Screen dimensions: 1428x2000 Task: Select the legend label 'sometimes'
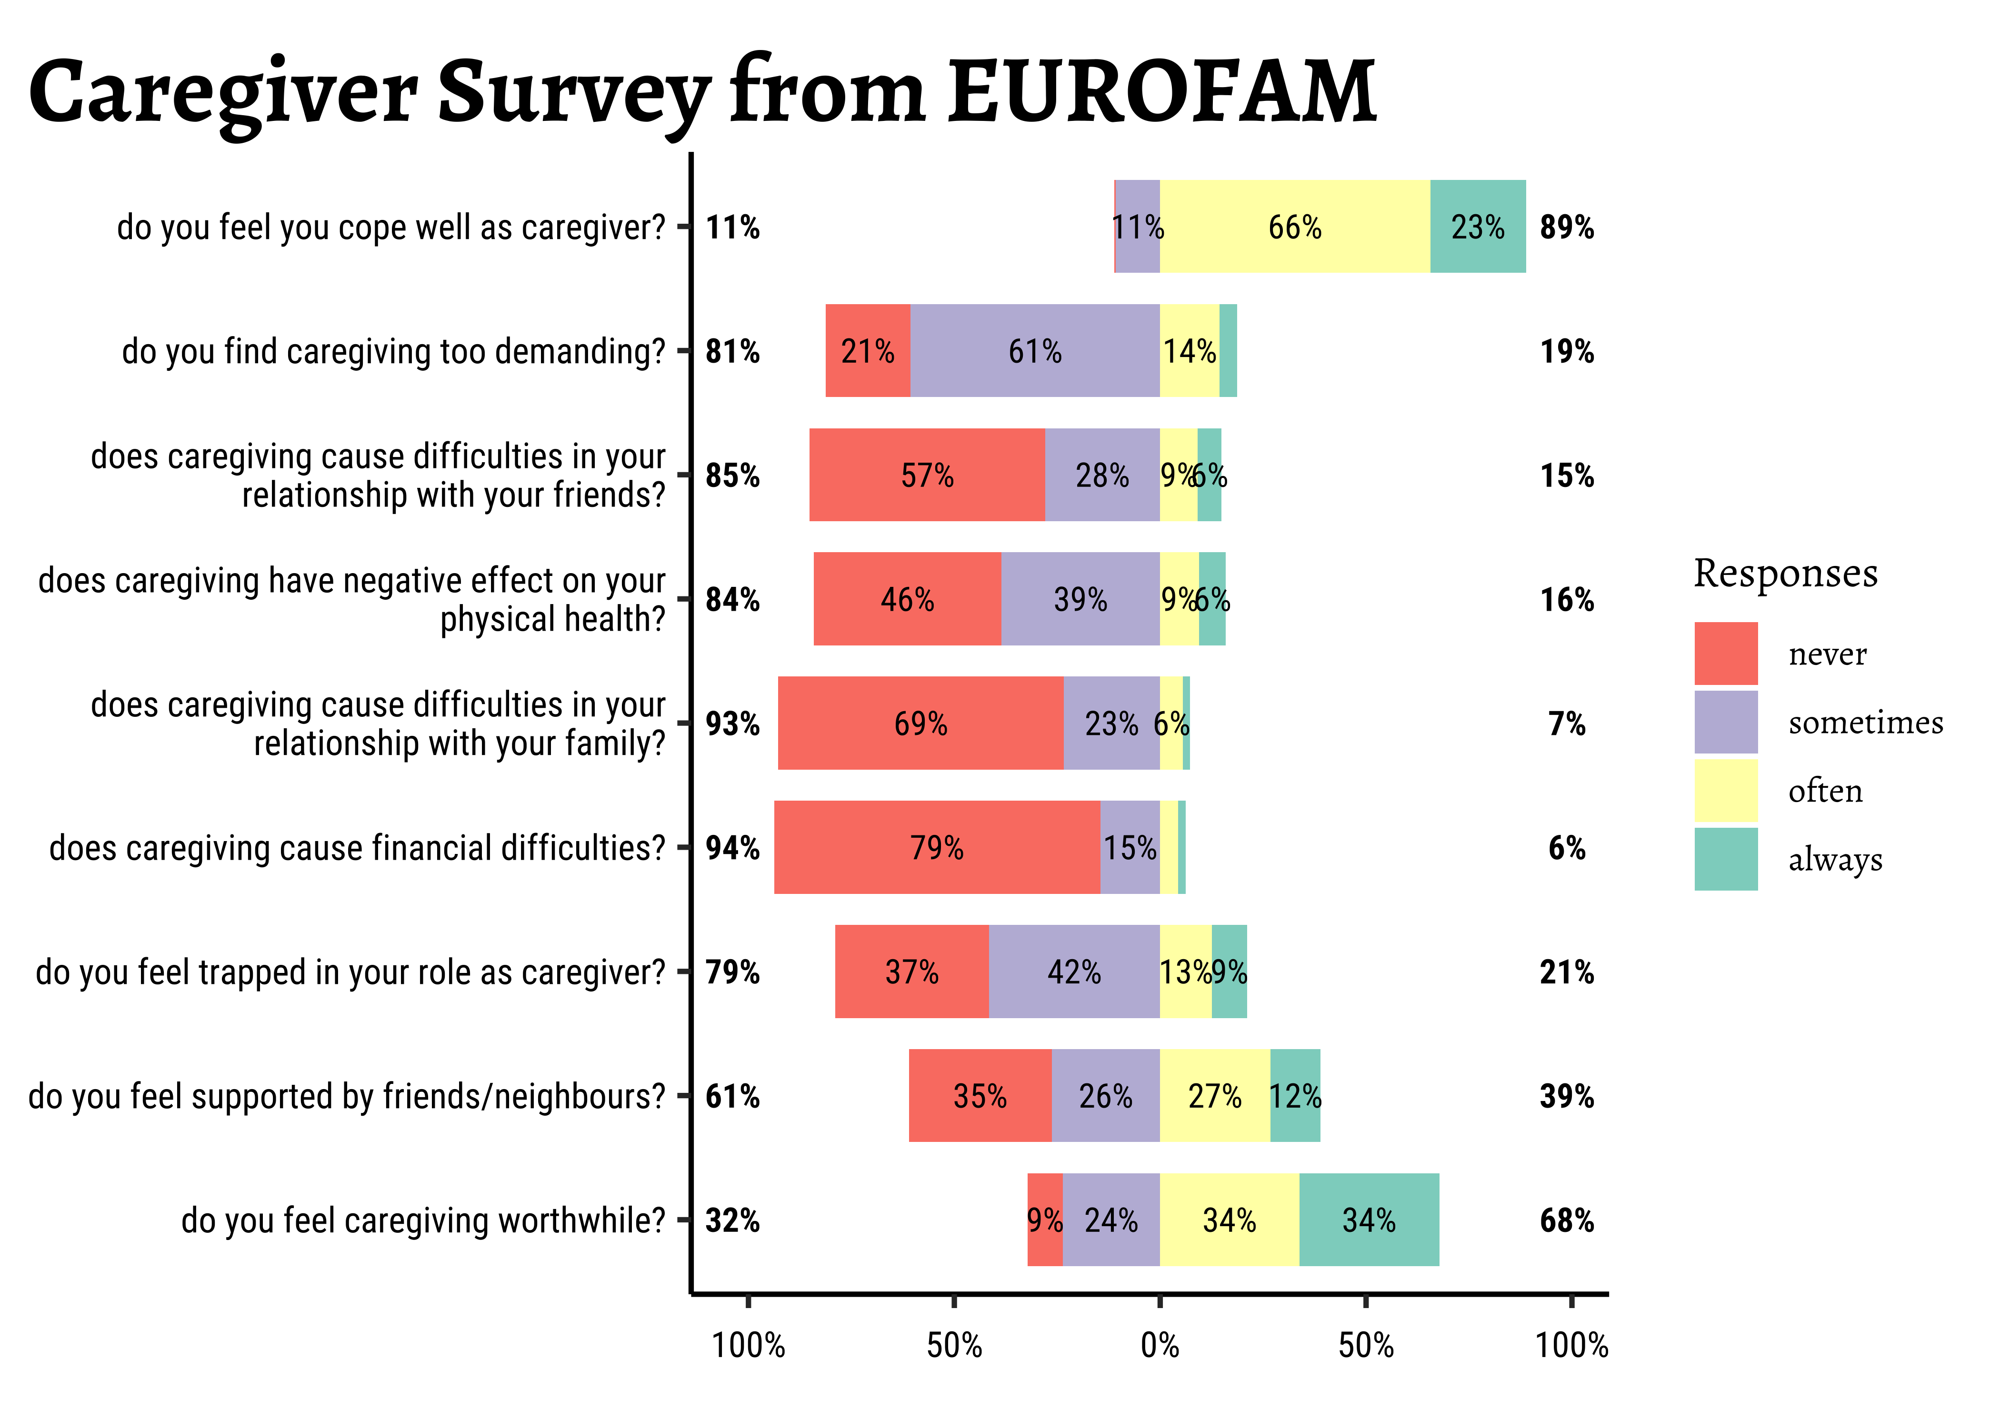1865,722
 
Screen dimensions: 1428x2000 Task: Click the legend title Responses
1785,573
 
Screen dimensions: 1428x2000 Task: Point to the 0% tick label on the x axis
1159,1345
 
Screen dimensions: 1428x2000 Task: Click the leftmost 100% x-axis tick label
748,1345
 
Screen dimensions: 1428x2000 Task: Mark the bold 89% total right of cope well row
1566,227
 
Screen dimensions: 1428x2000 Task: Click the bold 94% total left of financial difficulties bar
733,848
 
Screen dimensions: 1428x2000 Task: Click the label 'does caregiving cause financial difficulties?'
357,848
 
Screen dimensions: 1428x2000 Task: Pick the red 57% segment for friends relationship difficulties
927,475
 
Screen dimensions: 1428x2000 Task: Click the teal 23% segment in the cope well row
1478,227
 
